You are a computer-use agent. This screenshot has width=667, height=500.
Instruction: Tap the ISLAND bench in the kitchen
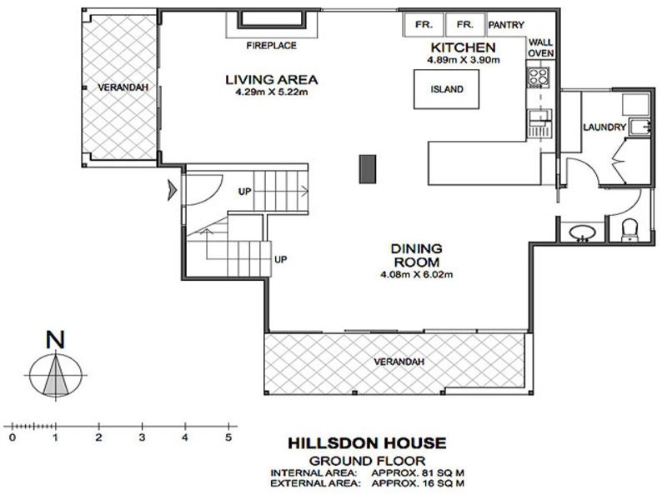pos(447,89)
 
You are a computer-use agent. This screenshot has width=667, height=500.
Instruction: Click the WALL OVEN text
pos(540,49)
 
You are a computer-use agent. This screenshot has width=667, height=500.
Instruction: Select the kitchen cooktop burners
pos(535,77)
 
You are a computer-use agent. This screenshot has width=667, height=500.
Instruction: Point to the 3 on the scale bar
pos(142,436)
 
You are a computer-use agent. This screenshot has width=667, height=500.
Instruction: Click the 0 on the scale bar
pos(12,436)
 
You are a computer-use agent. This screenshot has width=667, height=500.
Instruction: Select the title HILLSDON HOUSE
pos(367,443)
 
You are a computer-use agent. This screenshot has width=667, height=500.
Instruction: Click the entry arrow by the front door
pos(173,191)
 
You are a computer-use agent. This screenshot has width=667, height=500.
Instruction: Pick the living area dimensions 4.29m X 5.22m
pos(272,92)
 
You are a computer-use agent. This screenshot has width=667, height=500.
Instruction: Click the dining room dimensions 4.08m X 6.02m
pos(414,274)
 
